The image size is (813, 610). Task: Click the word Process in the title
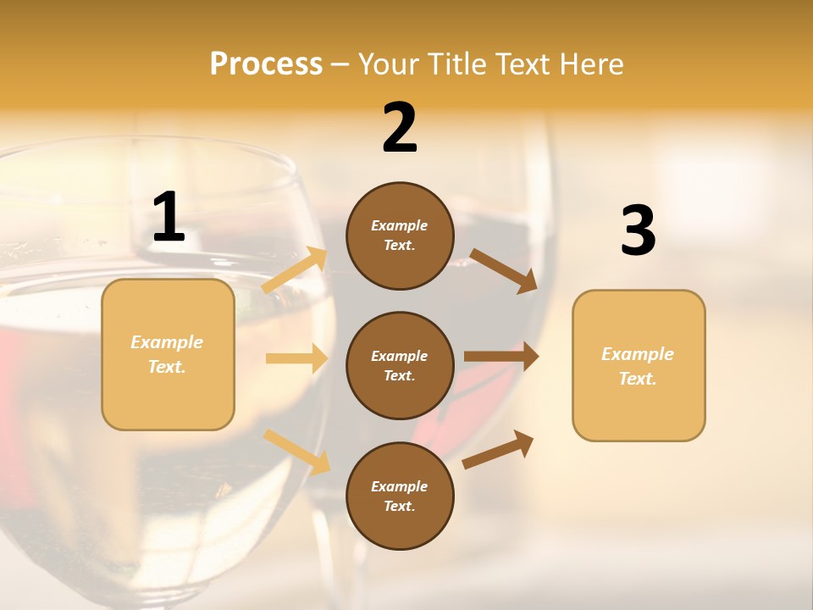[266, 64]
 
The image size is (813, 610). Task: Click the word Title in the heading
[459, 64]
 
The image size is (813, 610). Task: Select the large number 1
[169, 218]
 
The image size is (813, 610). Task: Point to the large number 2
[400, 128]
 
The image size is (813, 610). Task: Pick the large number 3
[638, 231]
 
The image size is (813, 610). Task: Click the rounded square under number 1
[168, 354]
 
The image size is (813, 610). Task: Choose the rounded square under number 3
[639, 365]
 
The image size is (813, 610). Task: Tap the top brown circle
[400, 236]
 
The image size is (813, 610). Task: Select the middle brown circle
[400, 365]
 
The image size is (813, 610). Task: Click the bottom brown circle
[400, 496]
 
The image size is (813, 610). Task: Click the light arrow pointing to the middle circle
[296, 358]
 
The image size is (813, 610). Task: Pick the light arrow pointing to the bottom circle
[297, 451]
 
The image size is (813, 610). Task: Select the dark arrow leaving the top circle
[503, 270]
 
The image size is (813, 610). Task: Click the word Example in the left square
[167, 342]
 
